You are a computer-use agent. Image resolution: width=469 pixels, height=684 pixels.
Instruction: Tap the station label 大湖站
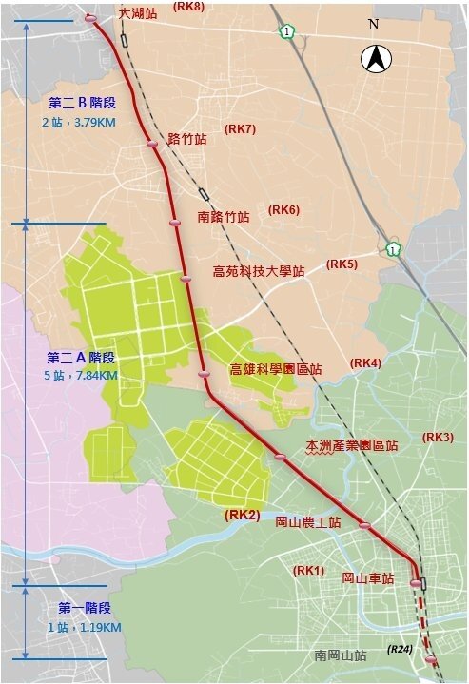pos(138,15)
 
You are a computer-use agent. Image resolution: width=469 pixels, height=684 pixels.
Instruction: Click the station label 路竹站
pos(186,139)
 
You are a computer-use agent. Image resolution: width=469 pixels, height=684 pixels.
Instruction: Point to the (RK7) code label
pos(240,128)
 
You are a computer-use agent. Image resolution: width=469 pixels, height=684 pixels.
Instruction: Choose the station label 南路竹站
pos(224,217)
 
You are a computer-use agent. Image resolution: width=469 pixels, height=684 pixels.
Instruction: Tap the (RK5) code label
pos(342,264)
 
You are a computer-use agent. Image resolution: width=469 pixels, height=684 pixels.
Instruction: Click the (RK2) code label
pos(242,515)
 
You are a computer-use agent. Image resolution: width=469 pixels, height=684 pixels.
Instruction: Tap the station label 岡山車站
pos(367,577)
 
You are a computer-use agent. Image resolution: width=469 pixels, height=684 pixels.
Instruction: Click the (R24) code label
pos(400,649)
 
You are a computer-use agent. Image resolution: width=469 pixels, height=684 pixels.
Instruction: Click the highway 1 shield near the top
pos(286,32)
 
